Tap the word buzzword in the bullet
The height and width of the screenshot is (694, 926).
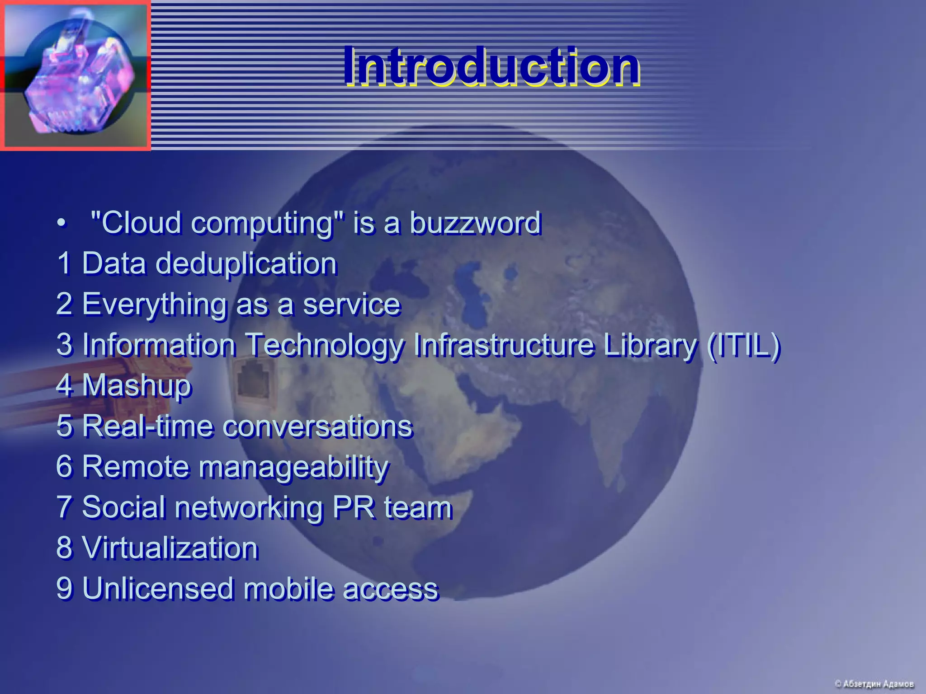[x=475, y=223]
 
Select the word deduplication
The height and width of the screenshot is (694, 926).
[x=246, y=264]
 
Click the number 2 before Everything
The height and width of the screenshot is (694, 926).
[x=64, y=304]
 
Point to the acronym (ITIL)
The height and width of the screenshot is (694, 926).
[x=744, y=345]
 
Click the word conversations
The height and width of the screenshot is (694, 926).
[x=318, y=427]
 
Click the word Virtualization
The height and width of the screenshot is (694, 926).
[x=170, y=549]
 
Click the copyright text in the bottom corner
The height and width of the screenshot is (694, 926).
[x=874, y=684]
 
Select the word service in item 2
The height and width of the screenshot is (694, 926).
[x=352, y=304]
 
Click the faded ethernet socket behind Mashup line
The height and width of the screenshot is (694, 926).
[x=253, y=380]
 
